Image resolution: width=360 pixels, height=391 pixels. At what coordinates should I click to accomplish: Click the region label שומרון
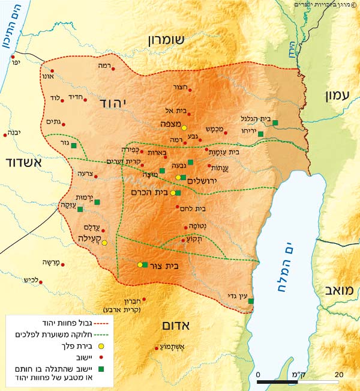(178, 40)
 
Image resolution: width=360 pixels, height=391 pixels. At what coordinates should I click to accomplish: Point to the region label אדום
(176, 326)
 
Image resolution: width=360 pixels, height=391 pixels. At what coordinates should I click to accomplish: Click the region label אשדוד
(24, 163)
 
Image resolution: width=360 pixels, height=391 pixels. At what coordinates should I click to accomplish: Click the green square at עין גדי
(251, 301)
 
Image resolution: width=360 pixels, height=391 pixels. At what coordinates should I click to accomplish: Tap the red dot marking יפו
(13, 59)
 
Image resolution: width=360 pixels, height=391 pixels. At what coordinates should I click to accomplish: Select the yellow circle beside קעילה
(104, 243)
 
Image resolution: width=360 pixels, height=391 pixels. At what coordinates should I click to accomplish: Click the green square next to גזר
(74, 145)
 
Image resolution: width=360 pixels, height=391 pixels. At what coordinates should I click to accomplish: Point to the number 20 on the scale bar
(338, 374)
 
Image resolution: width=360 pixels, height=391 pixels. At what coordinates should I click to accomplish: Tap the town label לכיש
(31, 280)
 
